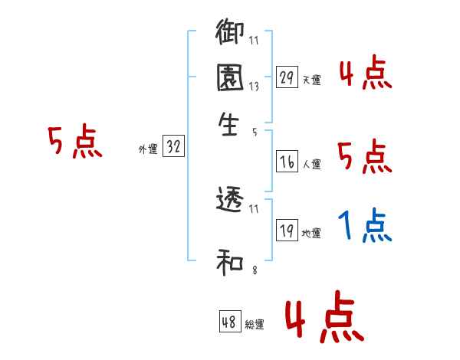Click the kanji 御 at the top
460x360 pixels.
(x=230, y=34)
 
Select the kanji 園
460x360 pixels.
(x=230, y=79)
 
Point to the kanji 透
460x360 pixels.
(x=230, y=200)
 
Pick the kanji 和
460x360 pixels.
(x=230, y=264)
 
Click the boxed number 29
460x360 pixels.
(x=287, y=77)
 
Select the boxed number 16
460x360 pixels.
(x=287, y=162)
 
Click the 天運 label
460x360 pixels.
(x=311, y=80)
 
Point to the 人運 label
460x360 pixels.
(x=311, y=164)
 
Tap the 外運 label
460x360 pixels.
(x=147, y=150)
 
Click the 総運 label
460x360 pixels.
(x=255, y=325)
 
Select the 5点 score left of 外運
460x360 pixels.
(x=74, y=142)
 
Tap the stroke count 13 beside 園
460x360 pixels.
(x=254, y=87)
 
